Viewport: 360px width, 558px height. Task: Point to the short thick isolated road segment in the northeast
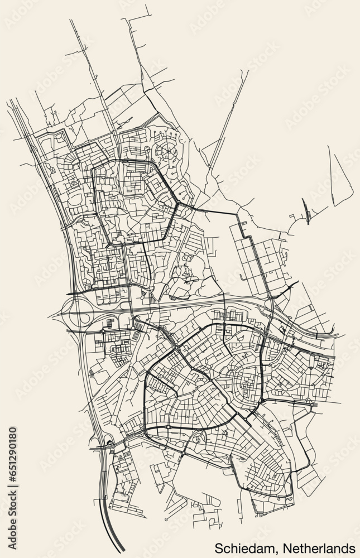(x=307, y=211)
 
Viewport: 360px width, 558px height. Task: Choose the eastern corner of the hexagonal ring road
(x=178, y=204)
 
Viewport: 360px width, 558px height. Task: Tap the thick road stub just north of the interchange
(x=75, y=292)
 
